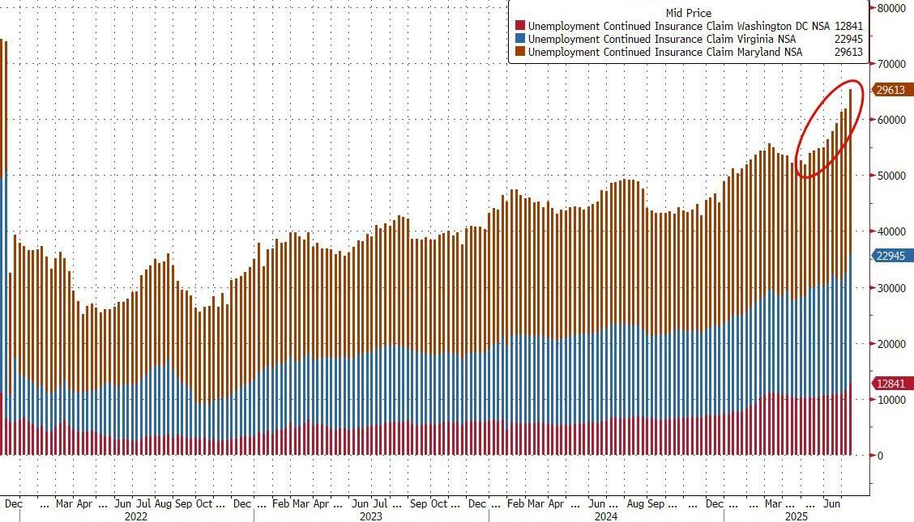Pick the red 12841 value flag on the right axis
point(889,383)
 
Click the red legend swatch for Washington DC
point(520,26)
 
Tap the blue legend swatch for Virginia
point(520,39)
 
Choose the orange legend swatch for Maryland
point(520,52)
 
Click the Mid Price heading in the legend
point(688,13)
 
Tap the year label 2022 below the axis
point(136,516)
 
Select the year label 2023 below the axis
point(370,516)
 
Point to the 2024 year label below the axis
point(605,516)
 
